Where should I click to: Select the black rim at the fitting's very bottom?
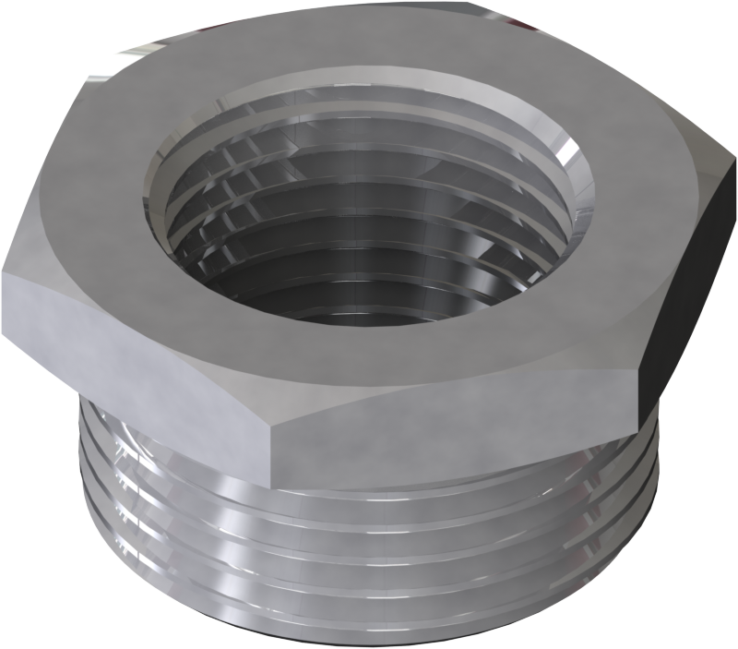pyautogui.click(x=369, y=641)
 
